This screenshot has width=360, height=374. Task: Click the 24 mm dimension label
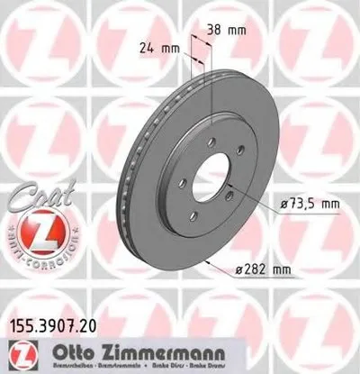click(x=154, y=47)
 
